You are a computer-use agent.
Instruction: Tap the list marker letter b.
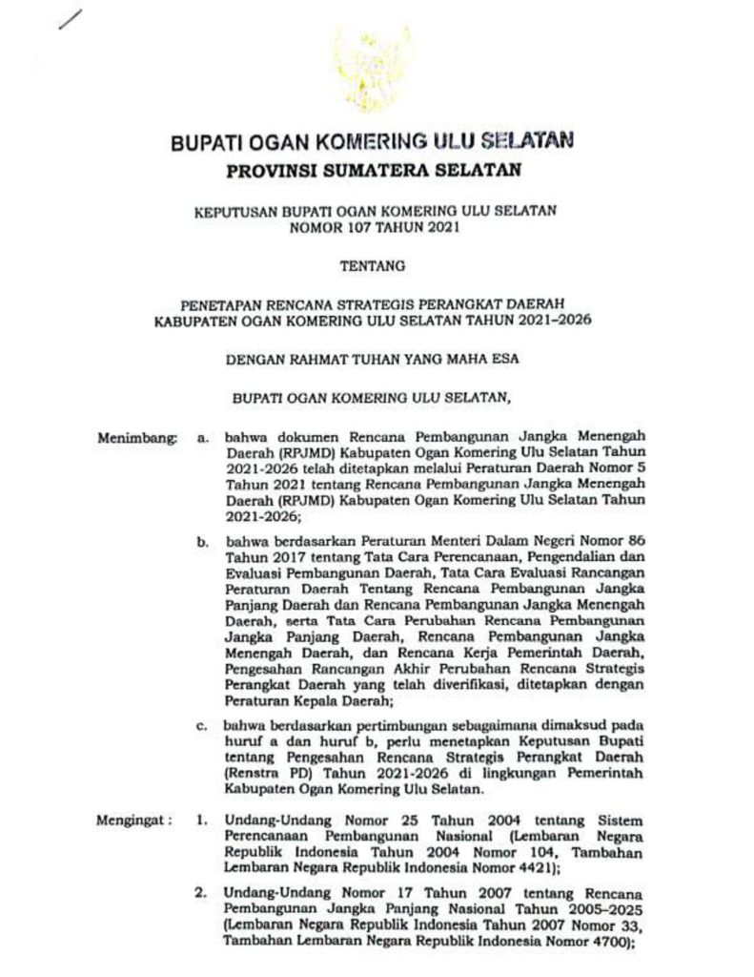[203, 542]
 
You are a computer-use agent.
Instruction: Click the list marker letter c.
[202, 727]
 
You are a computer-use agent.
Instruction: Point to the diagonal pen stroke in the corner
[71, 18]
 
